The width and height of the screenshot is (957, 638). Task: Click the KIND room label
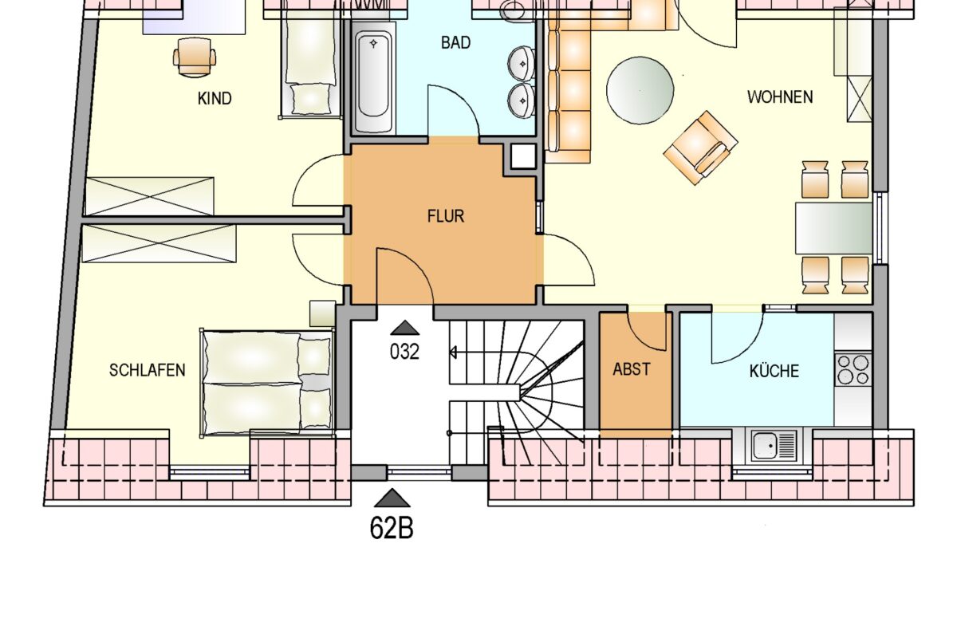click(x=215, y=99)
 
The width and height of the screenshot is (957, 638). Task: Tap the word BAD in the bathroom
click(x=456, y=43)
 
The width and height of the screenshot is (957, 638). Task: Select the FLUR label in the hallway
click(x=446, y=216)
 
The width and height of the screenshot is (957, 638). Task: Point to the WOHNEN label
click(x=780, y=97)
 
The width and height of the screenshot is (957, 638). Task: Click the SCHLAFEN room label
click(x=148, y=370)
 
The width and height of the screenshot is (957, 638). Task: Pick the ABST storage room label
click(x=632, y=369)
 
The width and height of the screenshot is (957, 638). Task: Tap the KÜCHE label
click(x=774, y=370)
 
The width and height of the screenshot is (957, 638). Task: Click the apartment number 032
click(x=404, y=352)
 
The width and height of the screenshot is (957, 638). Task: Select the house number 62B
click(x=392, y=528)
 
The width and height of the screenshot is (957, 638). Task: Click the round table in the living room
click(x=640, y=91)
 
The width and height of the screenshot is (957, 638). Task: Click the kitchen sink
click(x=774, y=446)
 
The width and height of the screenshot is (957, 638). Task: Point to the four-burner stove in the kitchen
click(x=853, y=370)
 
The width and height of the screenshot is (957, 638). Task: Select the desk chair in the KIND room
click(x=195, y=57)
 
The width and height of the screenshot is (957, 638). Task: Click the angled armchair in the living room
click(x=701, y=148)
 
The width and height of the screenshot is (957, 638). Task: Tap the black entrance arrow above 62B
click(x=392, y=498)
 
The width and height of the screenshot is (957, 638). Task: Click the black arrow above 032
click(x=404, y=328)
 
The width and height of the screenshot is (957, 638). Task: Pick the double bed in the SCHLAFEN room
click(x=267, y=383)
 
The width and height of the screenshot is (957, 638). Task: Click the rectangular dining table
click(x=833, y=228)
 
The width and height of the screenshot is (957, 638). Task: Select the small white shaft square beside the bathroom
click(x=523, y=156)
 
